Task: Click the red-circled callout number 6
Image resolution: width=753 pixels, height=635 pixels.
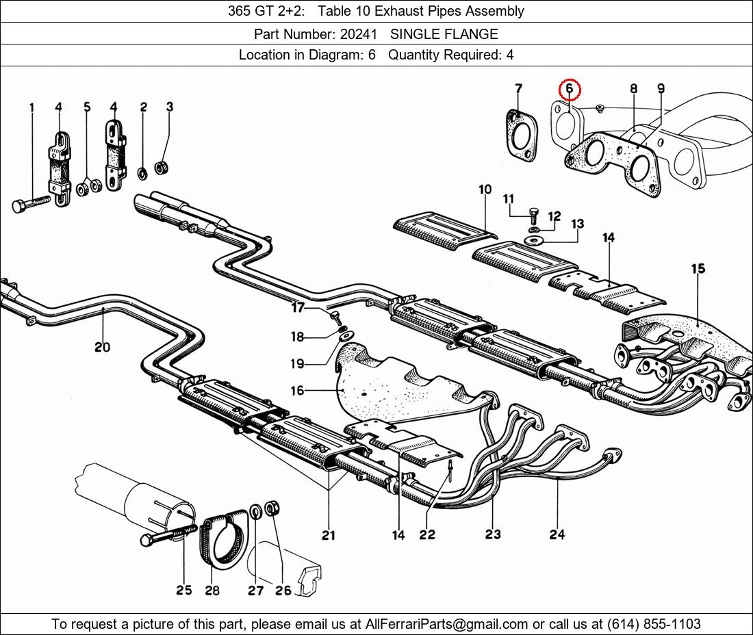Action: [x=570, y=89]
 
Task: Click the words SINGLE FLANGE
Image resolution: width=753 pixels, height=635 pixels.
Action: [x=444, y=34]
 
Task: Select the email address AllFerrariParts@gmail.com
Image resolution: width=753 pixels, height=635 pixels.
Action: [x=446, y=624]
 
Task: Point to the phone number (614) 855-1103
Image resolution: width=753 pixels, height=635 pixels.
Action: [x=654, y=624]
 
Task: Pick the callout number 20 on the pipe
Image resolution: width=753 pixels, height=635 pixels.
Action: [x=102, y=346]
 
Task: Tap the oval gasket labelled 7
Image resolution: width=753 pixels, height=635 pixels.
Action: [x=522, y=136]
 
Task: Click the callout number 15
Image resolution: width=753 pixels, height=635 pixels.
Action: [x=698, y=269]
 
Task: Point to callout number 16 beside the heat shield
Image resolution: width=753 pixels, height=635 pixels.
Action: [x=297, y=391]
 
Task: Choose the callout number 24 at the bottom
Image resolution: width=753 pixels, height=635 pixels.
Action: [x=557, y=534]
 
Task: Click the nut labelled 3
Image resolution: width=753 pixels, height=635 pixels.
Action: [x=160, y=168]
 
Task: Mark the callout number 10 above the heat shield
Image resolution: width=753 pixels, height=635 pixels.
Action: [x=485, y=190]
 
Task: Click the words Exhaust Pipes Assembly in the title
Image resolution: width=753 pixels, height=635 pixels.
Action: [x=449, y=11]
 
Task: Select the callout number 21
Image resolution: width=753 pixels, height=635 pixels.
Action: [x=329, y=535]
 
